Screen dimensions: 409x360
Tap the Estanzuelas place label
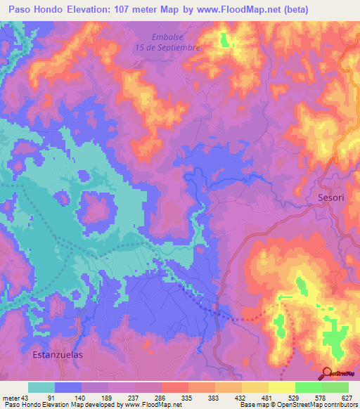tap(58, 355)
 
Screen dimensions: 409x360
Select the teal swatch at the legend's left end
tap(41, 387)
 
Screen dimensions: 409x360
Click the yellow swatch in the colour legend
tap(282, 387)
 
